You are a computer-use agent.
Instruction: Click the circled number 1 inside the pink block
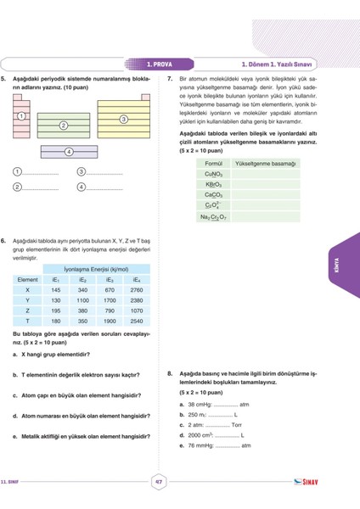pyautogui.click(x=20, y=115)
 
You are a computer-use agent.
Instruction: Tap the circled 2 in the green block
pyautogui.click(x=64, y=126)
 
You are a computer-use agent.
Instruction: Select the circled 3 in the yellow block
pyautogui.click(x=124, y=120)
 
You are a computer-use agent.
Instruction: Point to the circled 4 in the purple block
pyautogui.click(x=69, y=151)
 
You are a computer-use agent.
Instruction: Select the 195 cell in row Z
pyautogui.click(x=56, y=310)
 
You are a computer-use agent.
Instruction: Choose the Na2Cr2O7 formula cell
pyautogui.click(x=213, y=216)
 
